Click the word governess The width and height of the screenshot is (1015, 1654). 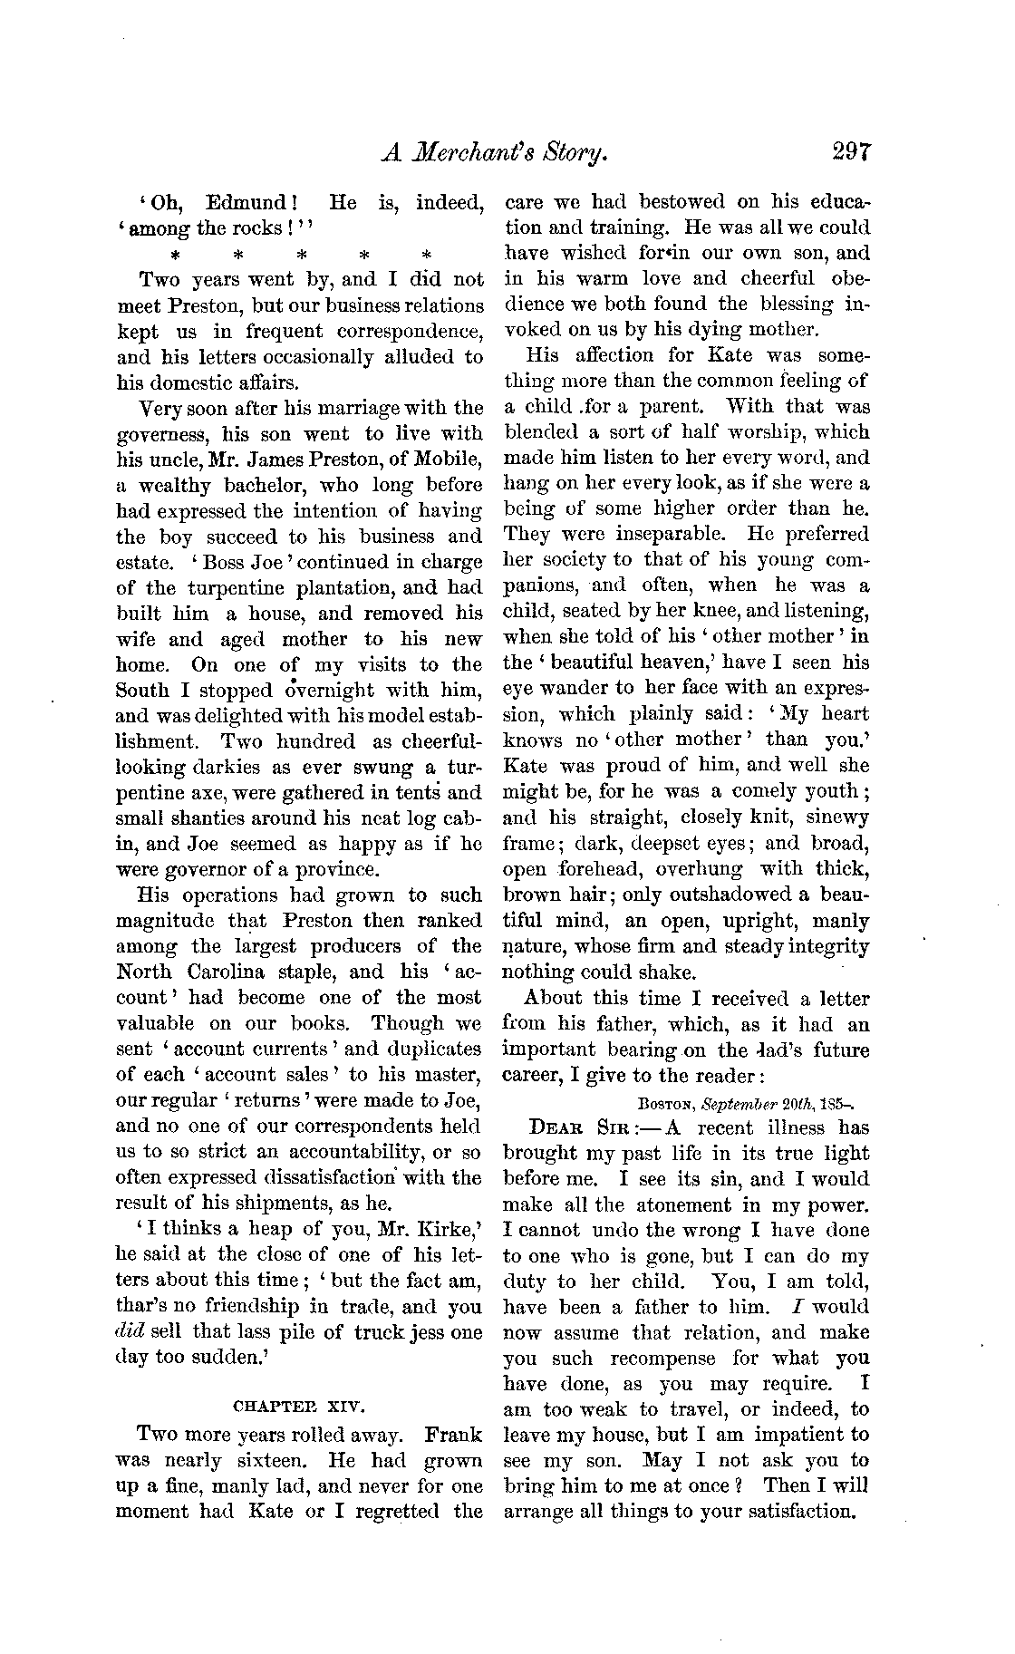(x=165, y=433)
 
